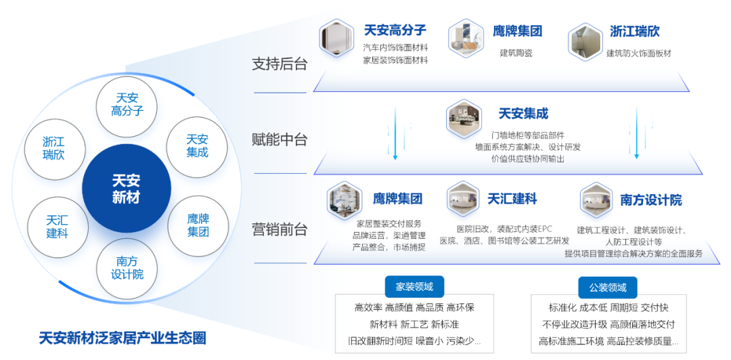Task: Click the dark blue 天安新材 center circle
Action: click(x=126, y=189)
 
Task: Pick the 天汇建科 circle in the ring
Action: click(x=58, y=227)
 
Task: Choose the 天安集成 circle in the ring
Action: click(x=197, y=147)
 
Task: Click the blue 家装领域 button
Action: click(x=414, y=286)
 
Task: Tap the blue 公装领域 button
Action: click(x=608, y=287)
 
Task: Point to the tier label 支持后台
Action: click(x=280, y=64)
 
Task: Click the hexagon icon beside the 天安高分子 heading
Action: click(x=336, y=38)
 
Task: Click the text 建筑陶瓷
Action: click(x=516, y=53)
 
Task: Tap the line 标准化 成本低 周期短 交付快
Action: click(x=608, y=309)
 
